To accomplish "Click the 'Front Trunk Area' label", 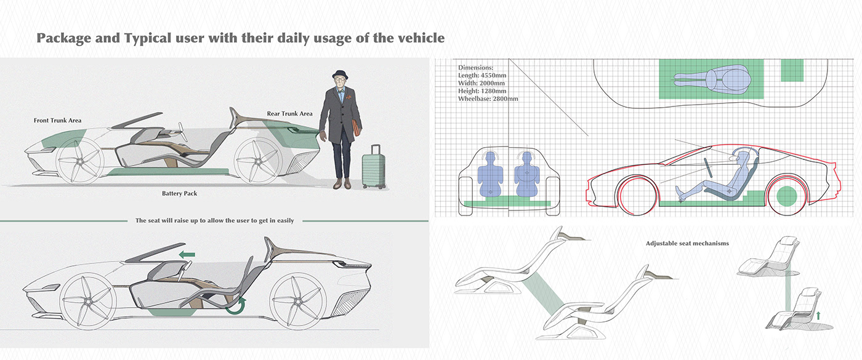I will tap(57, 121).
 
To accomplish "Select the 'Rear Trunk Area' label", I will tap(289, 114).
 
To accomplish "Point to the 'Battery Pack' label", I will tap(179, 193).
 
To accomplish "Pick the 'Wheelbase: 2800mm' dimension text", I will tap(488, 98).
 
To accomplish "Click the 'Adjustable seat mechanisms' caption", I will tap(687, 244).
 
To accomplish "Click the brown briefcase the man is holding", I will tap(358, 127).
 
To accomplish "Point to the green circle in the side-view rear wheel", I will tap(786, 198).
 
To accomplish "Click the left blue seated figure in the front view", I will tap(491, 174).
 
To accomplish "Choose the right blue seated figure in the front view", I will tap(526, 174).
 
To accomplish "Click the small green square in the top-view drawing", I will tap(792, 70).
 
